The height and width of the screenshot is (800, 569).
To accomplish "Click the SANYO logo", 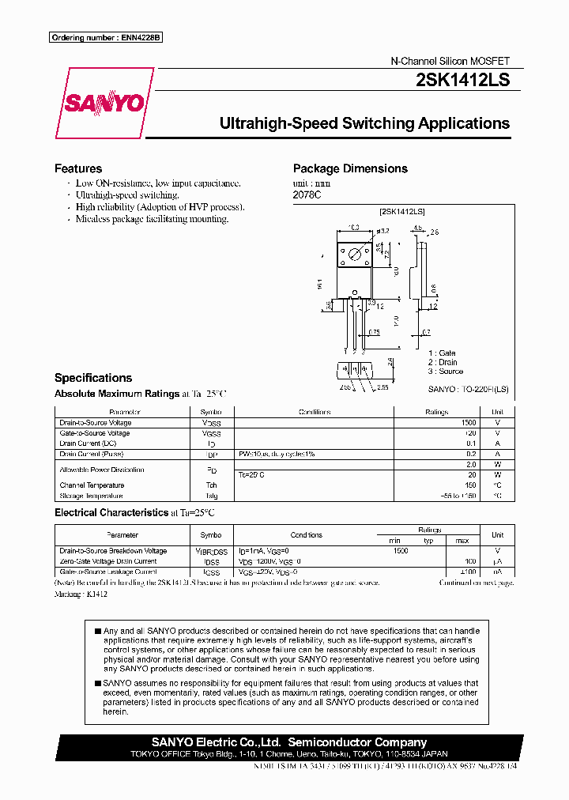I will click(x=104, y=104).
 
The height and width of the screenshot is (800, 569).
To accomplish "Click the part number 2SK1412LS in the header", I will click(x=462, y=80).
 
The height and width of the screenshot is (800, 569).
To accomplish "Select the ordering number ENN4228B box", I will click(x=105, y=38).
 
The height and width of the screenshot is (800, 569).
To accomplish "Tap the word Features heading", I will click(x=78, y=168).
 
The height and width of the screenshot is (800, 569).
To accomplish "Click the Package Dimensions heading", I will click(x=350, y=168).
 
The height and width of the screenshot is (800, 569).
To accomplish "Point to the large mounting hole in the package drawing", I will click(x=355, y=253).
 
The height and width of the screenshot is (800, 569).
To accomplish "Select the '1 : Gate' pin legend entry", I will click(x=443, y=353).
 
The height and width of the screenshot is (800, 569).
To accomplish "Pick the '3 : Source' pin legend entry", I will click(x=446, y=372).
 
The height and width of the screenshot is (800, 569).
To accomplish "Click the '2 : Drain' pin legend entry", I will click(x=443, y=362).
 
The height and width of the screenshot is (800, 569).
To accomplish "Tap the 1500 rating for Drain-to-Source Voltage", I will click(x=468, y=423).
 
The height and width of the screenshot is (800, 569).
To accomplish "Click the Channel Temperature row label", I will click(x=92, y=485).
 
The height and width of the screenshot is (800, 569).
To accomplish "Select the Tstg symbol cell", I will click(x=211, y=496).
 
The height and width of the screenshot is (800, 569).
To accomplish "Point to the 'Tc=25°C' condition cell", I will click(x=251, y=474).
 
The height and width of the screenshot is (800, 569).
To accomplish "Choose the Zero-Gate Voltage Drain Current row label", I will click(x=108, y=561).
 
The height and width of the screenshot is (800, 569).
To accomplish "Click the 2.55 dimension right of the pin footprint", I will click(x=382, y=388).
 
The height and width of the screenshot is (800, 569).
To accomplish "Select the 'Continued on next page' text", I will click(x=477, y=583).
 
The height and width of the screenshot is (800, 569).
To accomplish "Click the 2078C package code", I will click(x=307, y=194).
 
